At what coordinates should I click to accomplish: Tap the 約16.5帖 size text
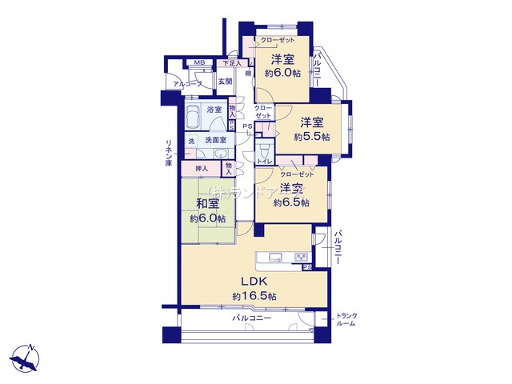(x=254, y=296)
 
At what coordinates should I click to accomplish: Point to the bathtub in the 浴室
(x=194, y=118)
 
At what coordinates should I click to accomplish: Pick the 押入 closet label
(x=202, y=168)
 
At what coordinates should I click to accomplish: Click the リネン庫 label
(x=169, y=152)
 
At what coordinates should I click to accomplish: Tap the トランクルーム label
(x=346, y=319)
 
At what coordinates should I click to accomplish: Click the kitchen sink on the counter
(x=274, y=257)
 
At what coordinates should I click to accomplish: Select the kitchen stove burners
(x=302, y=257)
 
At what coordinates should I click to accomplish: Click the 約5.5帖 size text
(x=310, y=137)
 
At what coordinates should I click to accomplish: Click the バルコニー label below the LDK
(x=252, y=318)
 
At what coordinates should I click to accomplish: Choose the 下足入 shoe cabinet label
(x=231, y=62)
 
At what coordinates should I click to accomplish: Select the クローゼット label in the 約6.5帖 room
(x=297, y=174)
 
